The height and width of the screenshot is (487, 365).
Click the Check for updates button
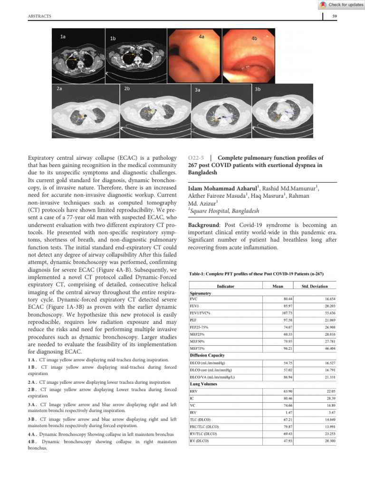(x=340, y=5)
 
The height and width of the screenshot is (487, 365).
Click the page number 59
(x=334, y=17)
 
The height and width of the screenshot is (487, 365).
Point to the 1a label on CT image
(x=63, y=36)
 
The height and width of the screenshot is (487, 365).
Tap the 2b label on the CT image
(x=128, y=89)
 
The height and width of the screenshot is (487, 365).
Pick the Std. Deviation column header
(x=315, y=286)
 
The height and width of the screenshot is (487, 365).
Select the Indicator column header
(x=225, y=286)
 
